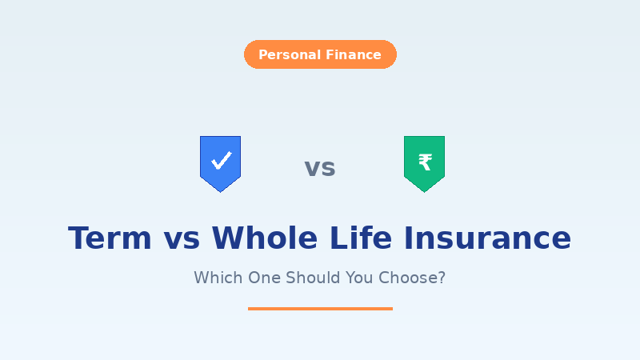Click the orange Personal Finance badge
pyautogui.click(x=320, y=54)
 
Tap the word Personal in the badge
pyautogui.click(x=289, y=55)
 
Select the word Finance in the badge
pyautogui.click(x=353, y=55)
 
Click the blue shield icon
pyautogui.click(x=220, y=162)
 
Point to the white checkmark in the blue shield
pyautogui.click(x=221, y=161)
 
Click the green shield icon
pyautogui.click(x=424, y=162)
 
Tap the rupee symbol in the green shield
pyautogui.click(x=425, y=162)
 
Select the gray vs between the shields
pyautogui.click(x=320, y=168)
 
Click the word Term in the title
pyautogui.click(x=110, y=238)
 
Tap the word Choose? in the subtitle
pyautogui.click(x=413, y=278)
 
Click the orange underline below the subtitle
pyautogui.click(x=320, y=308)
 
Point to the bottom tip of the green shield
pyautogui.click(x=424, y=191)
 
